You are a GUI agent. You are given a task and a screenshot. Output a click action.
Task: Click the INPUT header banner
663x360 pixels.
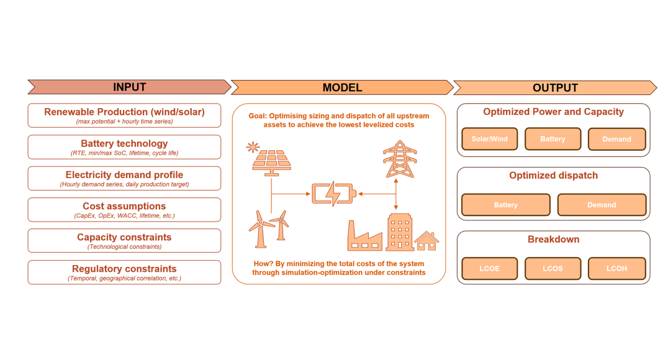pos(129,87)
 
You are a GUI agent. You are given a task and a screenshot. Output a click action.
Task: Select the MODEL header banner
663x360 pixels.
pos(342,88)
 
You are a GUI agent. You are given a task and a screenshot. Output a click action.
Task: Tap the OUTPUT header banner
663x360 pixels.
pos(555,88)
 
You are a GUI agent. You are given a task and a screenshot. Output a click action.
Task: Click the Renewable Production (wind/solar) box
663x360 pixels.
pos(124,115)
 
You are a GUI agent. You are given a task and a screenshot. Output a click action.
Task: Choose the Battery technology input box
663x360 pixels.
pos(124,147)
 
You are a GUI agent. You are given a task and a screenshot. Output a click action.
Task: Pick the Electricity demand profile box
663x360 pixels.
pos(124,178)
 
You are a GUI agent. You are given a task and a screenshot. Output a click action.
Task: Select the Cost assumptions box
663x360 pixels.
pos(124,210)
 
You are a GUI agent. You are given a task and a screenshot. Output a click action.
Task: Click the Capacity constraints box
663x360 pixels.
pos(124,241)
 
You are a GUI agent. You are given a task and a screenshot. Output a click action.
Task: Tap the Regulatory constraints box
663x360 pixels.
pos(124,272)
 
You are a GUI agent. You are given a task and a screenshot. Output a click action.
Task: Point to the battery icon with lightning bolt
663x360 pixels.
pos(333,194)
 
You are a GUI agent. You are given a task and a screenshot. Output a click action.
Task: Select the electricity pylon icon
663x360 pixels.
pos(400,160)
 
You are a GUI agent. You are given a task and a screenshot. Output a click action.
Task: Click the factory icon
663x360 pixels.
pos(364,236)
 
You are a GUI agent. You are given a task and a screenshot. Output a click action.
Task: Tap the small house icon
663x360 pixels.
pos(426,241)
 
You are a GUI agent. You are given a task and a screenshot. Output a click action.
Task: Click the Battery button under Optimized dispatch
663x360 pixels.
pos(506,205)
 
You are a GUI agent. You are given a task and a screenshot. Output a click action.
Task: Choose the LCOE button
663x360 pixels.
pos(490,268)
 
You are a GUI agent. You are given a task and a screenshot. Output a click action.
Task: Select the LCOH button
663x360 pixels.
pos(617,268)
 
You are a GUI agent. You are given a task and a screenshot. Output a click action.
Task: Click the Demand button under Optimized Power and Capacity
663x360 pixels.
pos(617,139)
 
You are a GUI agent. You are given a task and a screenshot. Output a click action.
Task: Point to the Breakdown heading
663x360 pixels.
pos(554,239)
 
